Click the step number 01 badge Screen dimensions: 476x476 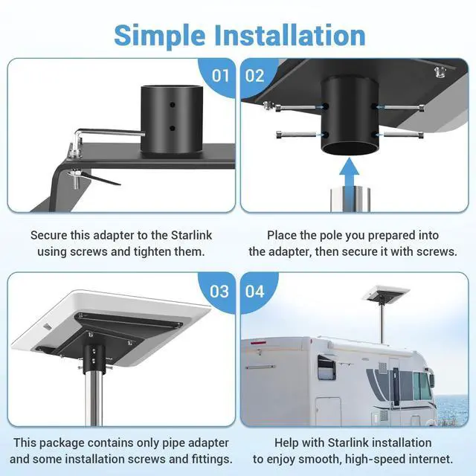220,76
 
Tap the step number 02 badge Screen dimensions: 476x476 254,76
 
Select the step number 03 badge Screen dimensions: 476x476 219,292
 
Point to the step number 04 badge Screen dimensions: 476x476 254,292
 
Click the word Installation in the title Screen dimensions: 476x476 289,35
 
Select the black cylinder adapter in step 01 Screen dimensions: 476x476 172,119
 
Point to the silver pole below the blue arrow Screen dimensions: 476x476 350,199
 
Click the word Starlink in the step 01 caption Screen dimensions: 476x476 192,235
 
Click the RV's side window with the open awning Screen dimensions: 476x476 327,368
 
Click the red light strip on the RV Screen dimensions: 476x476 258,343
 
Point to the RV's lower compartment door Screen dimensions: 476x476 329,411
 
